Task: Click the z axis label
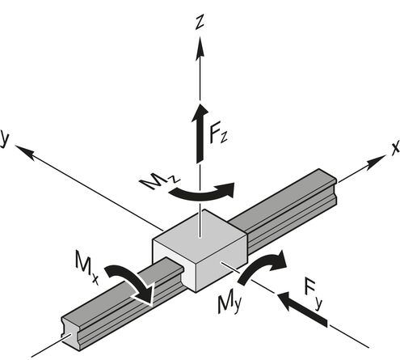pyautogui.click(x=200, y=22)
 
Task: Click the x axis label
pyautogui.click(x=395, y=148)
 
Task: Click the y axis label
pyautogui.click(x=4, y=138)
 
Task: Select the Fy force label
pyautogui.click(x=313, y=294)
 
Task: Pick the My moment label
pyautogui.click(x=229, y=304)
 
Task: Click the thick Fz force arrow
pyautogui.click(x=200, y=133)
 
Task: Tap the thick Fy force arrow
pyautogui.click(x=302, y=308)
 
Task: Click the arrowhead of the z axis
pyautogui.click(x=200, y=47)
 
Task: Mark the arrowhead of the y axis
pyautogui.click(x=25, y=151)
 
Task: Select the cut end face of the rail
pyautogui.click(x=70, y=334)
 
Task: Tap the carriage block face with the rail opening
pyautogui.click(x=174, y=262)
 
